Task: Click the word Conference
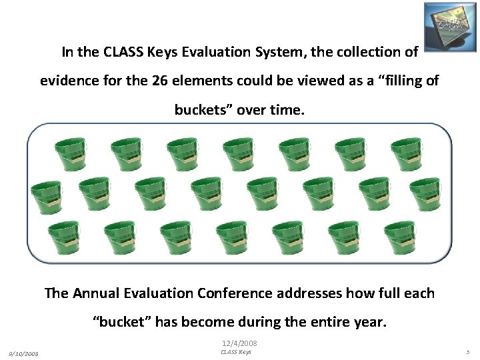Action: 231,293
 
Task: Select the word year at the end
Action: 369,322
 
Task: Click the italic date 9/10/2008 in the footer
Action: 24,353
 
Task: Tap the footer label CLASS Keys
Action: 236,352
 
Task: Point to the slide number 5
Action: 468,353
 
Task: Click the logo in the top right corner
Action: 449,25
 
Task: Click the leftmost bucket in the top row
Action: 71,154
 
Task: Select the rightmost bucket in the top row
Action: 407,154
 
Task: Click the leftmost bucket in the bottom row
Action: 66,237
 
